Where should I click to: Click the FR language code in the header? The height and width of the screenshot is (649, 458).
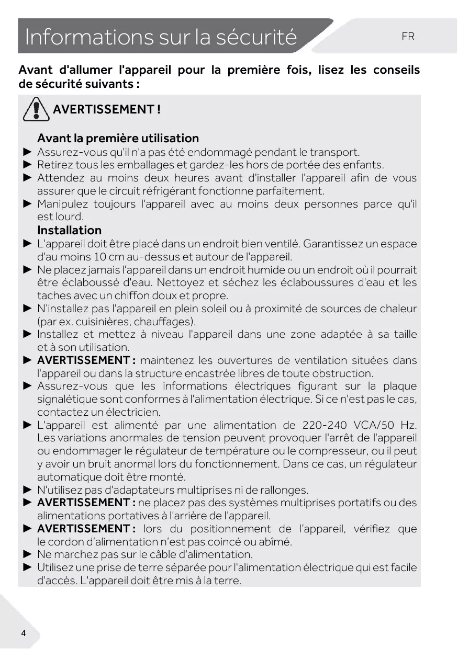[408, 37]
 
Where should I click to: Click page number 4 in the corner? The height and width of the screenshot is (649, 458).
[23, 633]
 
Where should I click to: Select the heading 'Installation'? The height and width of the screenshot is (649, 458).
[69, 230]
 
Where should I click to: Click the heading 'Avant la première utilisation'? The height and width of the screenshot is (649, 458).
[118, 139]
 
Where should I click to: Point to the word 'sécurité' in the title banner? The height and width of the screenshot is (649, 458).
[257, 38]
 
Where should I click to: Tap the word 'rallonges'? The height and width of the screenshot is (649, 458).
[286, 490]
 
